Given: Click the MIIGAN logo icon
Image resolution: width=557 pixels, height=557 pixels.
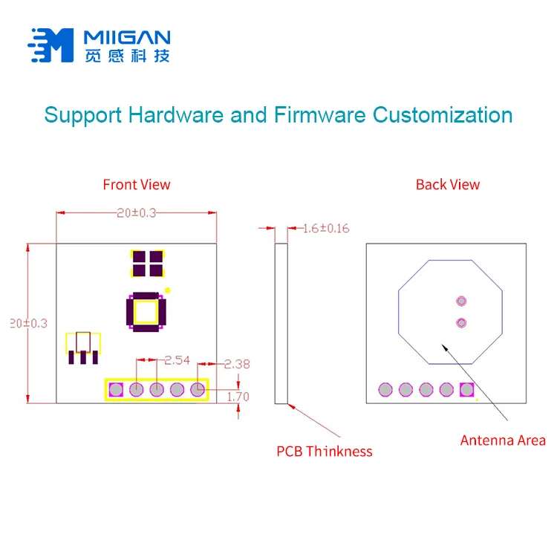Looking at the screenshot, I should [x=51, y=45].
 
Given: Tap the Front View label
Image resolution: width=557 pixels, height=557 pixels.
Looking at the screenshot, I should [x=137, y=184].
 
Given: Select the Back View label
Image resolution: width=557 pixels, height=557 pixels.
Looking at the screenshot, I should [x=448, y=184].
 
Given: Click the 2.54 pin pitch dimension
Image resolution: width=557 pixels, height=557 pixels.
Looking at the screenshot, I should [x=177, y=360].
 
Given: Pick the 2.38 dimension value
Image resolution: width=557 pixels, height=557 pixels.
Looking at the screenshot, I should [x=237, y=364].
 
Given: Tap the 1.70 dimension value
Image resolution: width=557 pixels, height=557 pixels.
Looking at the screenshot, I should [x=238, y=397].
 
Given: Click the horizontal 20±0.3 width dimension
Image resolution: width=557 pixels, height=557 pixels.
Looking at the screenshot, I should [x=137, y=213].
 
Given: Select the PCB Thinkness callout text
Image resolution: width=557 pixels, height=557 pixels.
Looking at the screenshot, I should [x=325, y=451].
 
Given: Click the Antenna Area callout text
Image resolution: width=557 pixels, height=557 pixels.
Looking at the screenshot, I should [x=503, y=440].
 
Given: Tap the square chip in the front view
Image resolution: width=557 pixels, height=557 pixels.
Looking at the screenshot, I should [x=146, y=311].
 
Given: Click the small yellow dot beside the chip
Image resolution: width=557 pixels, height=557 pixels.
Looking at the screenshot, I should [x=168, y=290].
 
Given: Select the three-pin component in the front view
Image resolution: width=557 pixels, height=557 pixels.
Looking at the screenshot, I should [x=83, y=348].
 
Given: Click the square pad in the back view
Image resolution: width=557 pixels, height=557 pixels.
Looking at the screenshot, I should [x=466, y=389].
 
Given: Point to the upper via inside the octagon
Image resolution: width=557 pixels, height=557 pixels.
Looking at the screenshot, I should [x=461, y=301].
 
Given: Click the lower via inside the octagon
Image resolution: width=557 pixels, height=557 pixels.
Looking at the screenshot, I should [x=461, y=322].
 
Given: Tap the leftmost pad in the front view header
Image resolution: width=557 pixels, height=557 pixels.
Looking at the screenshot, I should [x=116, y=388].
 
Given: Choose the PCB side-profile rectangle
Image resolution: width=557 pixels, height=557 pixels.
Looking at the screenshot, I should [x=281, y=323].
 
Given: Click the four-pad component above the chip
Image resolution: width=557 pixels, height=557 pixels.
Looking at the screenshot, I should [x=146, y=262].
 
